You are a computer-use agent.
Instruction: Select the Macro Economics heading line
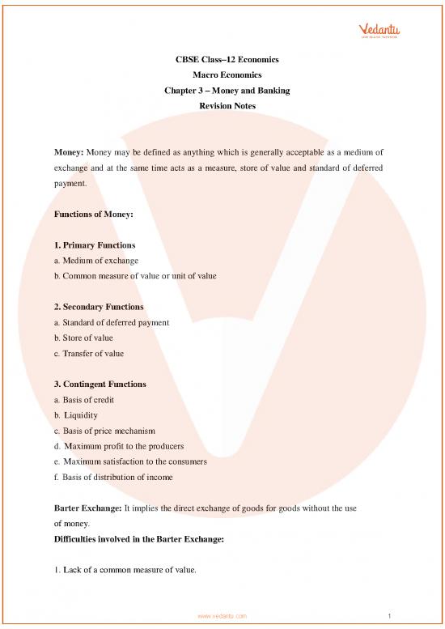coord(221,76)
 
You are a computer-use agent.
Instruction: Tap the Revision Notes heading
coord(221,105)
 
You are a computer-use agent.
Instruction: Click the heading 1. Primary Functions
coord(95,244)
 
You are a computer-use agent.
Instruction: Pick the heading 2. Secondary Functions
coord(99,308)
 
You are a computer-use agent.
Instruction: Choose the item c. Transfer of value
coord(89,353)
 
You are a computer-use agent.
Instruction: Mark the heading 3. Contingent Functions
coord(101,384)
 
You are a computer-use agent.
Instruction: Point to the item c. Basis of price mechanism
coord(104,430)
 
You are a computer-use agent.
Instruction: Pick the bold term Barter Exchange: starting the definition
coord(89,508)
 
